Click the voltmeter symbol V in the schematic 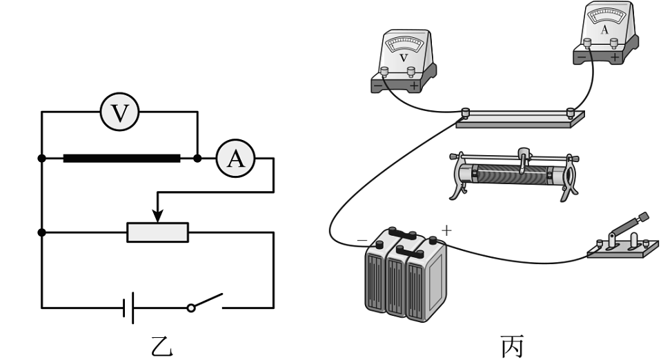coord(120,112)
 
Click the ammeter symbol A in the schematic coord(235,159)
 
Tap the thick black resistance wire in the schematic coord(121,159)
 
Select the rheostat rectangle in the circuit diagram coord(158,232)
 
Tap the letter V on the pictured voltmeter coord(404,59)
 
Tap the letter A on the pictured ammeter coord(604,30)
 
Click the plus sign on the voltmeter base coord(413,86)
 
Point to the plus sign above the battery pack coord(446,230)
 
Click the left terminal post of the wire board coord(466,112)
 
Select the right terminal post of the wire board coord(571,112)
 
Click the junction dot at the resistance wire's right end coord(197,159)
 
